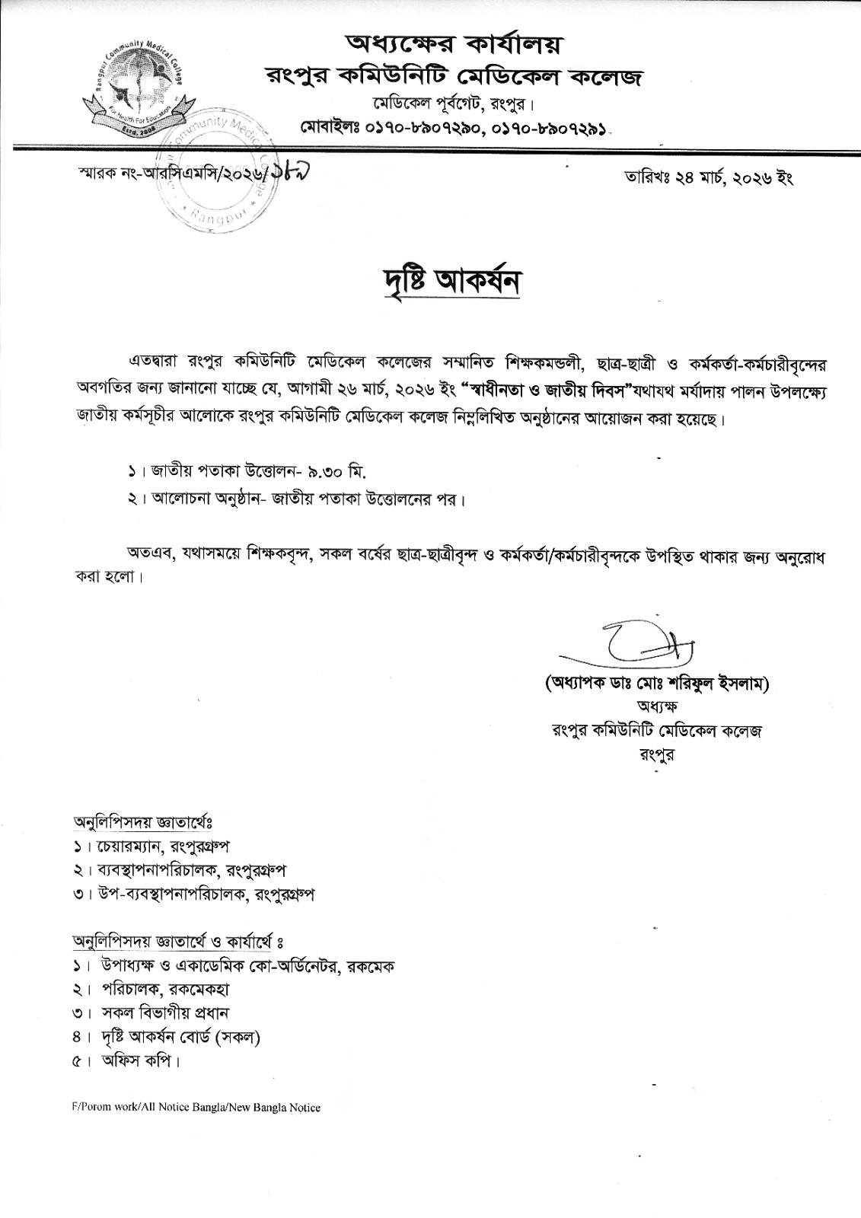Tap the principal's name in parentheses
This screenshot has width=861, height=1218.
(658, 684)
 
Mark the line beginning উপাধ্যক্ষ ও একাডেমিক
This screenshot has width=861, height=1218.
(246, 966)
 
